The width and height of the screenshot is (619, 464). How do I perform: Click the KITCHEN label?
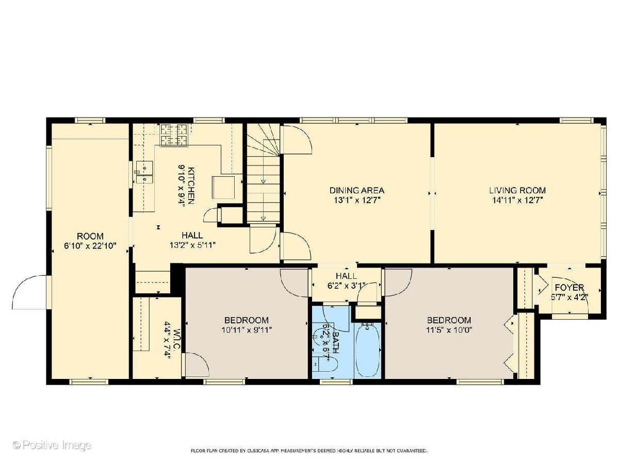coord(191,186)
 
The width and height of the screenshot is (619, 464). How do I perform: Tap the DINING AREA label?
coord(356,190)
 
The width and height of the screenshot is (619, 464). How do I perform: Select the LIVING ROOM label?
coord(517,190)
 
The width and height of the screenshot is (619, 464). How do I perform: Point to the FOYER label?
coord(569,288)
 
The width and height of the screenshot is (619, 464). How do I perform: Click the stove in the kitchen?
coord(174,135)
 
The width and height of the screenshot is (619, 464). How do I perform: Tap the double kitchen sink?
coord(144,172)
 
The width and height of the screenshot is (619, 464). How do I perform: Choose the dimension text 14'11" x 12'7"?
coord(517,201)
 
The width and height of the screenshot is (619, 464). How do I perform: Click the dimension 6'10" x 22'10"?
coord(90,246)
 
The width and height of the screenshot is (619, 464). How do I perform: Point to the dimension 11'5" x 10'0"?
coord(449,329)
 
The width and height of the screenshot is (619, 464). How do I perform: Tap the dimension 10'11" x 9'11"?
coord(247,329)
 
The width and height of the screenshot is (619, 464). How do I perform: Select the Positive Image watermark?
coord(52,445)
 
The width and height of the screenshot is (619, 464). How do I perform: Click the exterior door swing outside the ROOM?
coord(29,292)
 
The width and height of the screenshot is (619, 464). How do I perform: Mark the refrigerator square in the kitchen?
coord(223,187)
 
